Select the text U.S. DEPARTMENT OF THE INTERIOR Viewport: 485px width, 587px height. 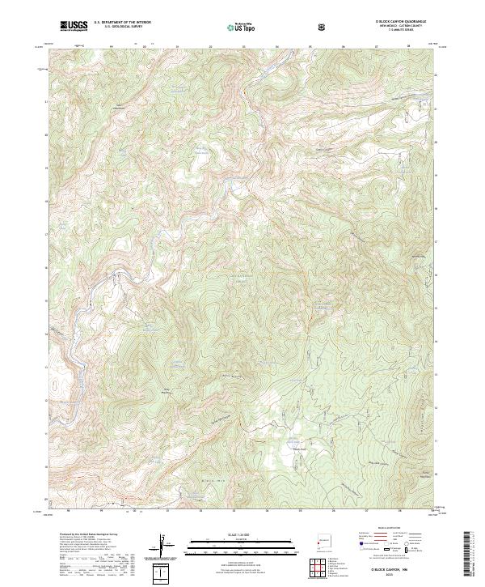pos(123,23)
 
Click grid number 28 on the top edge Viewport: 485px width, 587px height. pos(409,46)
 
